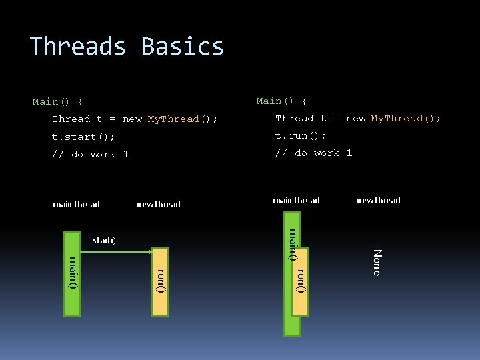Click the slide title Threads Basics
click(127, 46)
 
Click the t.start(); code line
click(83, 137)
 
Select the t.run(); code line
click(301, 135)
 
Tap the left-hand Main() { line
click(57, 102)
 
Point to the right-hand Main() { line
click(281, 101)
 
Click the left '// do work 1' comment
click(90, 154)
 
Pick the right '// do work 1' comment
click(313, 153)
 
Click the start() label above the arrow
click(104, 240)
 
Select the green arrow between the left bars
click(116, 252)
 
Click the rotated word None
click(377, 262)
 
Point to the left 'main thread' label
click(76, 204)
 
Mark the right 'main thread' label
click(296, 200)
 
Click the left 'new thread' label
click(158, 204)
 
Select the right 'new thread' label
click(378, 200)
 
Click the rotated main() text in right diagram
click(292, 244)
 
